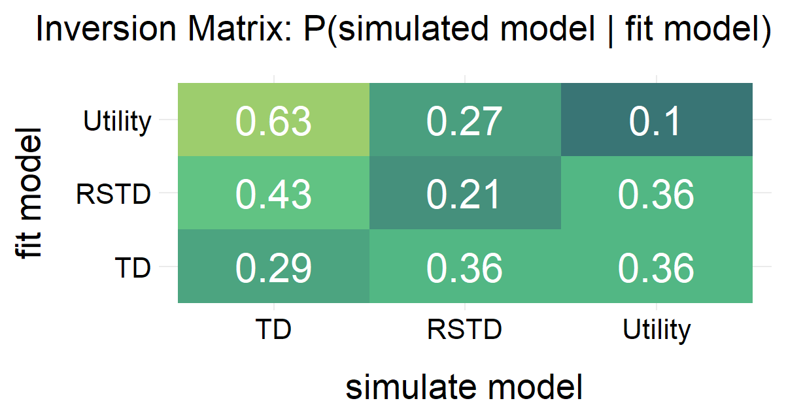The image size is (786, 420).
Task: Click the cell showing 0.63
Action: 273,120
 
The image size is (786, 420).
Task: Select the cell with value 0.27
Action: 465,120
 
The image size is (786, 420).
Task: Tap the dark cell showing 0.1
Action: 657,120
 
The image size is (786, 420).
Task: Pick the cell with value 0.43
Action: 273,193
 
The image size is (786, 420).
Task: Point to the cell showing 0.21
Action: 465,193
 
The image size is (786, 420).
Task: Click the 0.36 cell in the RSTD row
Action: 657,193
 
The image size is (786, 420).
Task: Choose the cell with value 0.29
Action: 273,267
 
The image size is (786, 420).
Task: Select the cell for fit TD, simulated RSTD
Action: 465,267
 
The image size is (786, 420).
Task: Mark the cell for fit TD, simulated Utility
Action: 657,267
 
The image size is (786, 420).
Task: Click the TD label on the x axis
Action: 273,331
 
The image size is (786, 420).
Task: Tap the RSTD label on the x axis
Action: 465,331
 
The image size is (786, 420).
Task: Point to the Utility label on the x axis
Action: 657,331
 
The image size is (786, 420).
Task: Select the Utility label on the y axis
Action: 118,121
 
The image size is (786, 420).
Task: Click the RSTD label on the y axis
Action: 113,194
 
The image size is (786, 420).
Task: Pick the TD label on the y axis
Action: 133,267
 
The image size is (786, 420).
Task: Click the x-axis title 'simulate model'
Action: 464,389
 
